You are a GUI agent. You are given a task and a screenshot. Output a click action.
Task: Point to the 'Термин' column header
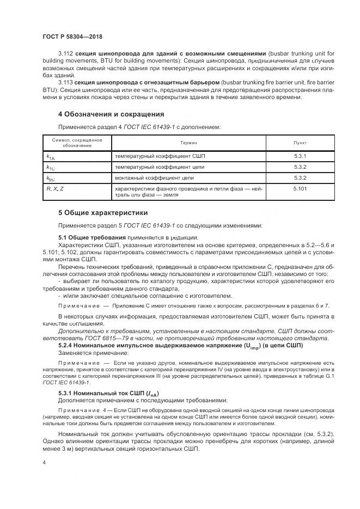(189, 143)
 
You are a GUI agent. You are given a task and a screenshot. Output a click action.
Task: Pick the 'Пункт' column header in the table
(300, 143)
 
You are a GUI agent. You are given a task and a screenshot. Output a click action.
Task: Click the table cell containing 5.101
(300, 188)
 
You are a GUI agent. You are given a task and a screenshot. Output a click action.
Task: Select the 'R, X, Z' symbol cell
(55, 188)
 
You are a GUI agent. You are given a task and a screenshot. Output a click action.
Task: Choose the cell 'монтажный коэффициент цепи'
(154, 177)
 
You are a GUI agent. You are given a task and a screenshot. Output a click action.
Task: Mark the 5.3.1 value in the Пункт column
(300, 156)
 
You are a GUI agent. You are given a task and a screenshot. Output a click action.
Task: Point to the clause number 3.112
(65, 53)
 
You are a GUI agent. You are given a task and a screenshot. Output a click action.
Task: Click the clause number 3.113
(65, 82)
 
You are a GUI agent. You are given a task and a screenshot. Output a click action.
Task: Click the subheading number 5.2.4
(67, 345)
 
